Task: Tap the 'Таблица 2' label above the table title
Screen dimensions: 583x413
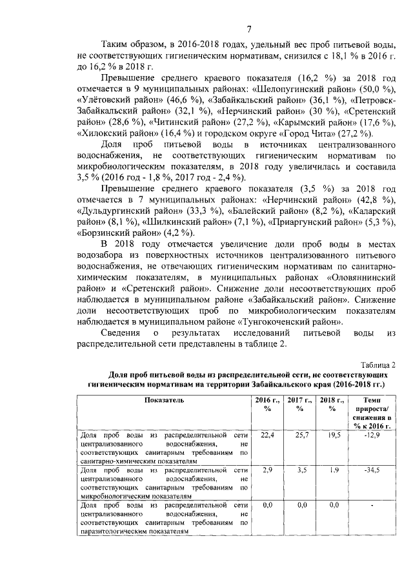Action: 378,364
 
